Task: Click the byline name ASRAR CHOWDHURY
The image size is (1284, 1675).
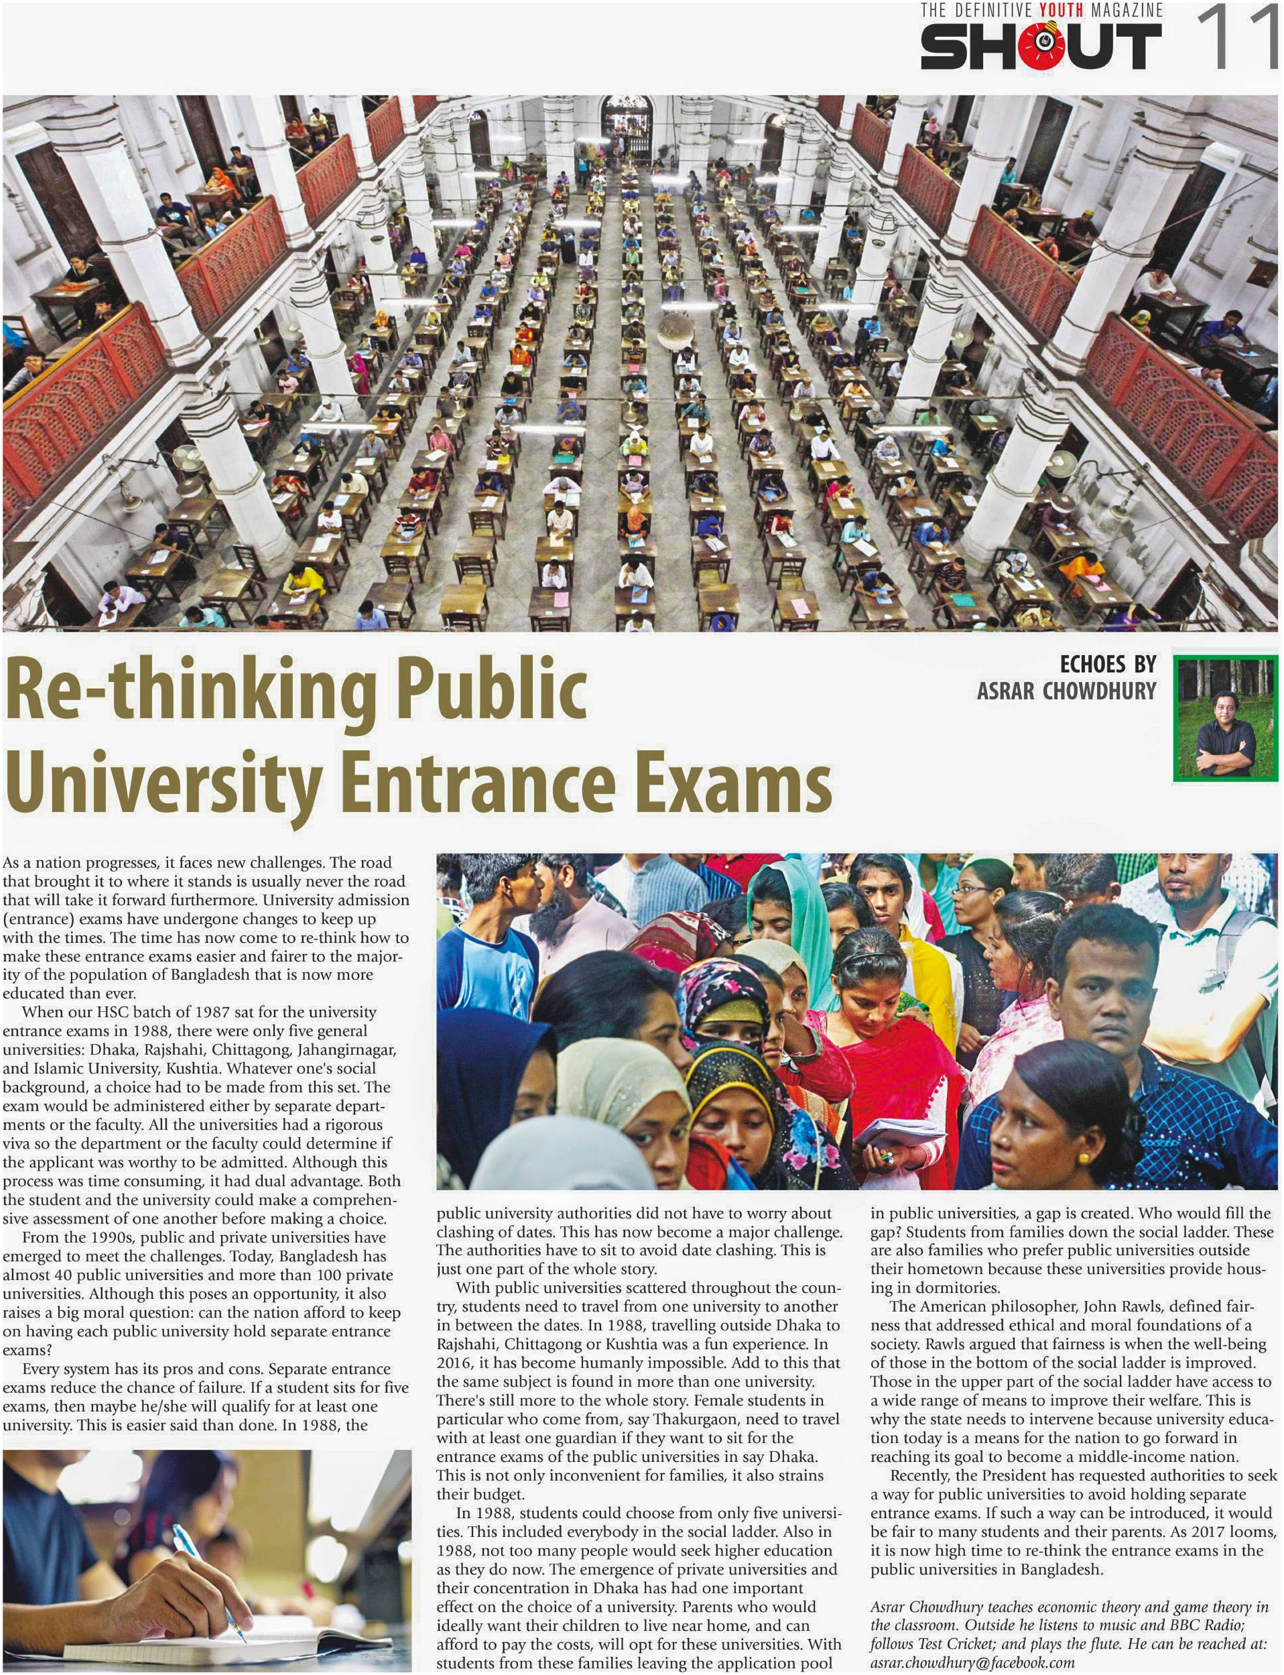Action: tap(1066, 691)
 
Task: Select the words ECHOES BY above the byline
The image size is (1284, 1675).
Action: tap(1108, 664)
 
